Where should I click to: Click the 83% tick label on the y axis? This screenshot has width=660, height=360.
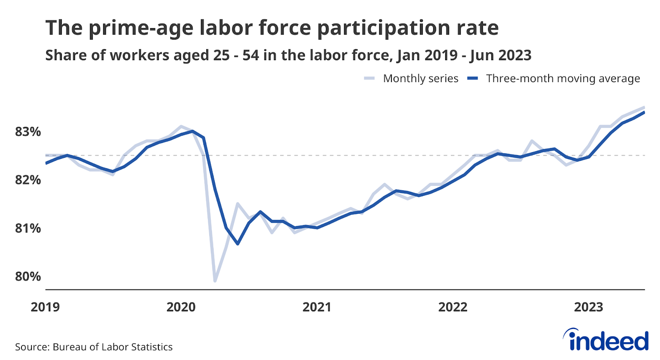pyautogui.click(x=28, y=132)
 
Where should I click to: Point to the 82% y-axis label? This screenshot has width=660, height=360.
pyautogui.click(x=28, y=180)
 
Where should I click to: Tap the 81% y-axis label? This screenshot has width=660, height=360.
pyautogui.click(x=28, y=228)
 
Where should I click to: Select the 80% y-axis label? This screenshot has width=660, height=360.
pyautogui.click(x=28, y=277)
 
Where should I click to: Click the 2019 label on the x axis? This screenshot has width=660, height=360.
pyautogui.click(x=45, y=307)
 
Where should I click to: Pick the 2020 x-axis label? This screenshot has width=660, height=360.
pyautogui.click(x=181, y=307)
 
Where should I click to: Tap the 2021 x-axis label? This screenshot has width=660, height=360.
pyautogui.click(x=317, y=307)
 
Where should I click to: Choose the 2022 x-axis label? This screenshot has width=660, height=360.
pyautogui.click(x=453, y=307)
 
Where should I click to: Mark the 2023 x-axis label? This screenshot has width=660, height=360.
pyautogui.click(x=589, y=307)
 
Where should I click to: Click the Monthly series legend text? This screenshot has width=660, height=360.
pyautogui.click(x=420, y=78)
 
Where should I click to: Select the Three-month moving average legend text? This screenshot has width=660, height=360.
pyautogui.click(x=563, y=78)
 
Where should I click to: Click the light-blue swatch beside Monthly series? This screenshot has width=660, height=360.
pyautogui.click(x=369, y=78)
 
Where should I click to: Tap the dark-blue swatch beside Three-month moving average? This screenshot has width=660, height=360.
pyautogui.click(x=472, y=78)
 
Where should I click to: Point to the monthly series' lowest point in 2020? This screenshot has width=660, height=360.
pyautogui.click(x=215, y=281)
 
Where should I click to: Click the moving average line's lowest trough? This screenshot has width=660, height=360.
pyautogui.click(x=238, y=244)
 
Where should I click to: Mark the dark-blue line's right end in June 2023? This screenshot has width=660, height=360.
pyautogui.click(x=644, y=112)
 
